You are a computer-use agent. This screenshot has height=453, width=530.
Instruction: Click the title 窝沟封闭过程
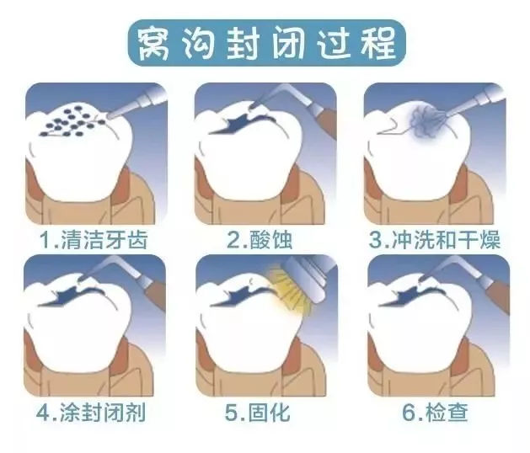click(x=266, y=43)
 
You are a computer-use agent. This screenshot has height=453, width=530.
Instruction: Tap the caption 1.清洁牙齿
click(x=94, y=239)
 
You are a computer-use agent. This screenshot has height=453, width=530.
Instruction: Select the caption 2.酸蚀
click(x=260, y=239)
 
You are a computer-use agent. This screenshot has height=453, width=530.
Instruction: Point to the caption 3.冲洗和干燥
click(x=434, y=239)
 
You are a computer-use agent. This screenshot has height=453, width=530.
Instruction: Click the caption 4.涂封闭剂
click(x=91, y=412)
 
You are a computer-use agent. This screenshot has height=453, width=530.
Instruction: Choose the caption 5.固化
click(x=258, y=412)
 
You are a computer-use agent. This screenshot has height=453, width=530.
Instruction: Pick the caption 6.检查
click(x=436, y=412)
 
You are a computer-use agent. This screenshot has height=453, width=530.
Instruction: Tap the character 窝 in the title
click(x=153, y=44)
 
